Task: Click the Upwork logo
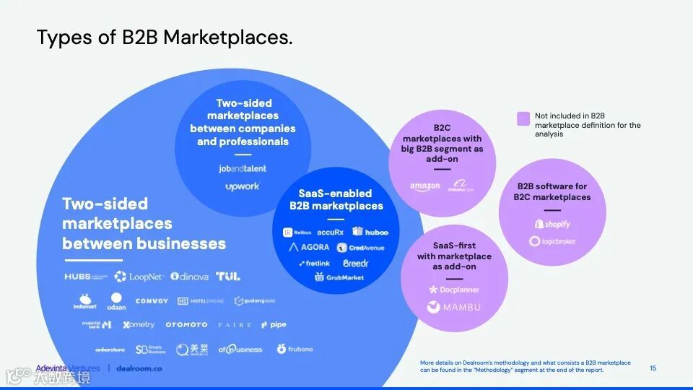242,186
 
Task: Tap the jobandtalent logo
242,168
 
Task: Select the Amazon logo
425,187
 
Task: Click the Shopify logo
552,224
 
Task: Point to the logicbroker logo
552,241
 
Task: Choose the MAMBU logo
453,307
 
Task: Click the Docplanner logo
454,290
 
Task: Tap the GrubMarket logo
339,277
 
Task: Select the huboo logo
370,232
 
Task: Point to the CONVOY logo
152,300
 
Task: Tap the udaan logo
117,301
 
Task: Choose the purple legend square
523,118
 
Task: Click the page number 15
653,368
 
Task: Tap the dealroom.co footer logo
140,368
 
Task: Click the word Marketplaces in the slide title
227,38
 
